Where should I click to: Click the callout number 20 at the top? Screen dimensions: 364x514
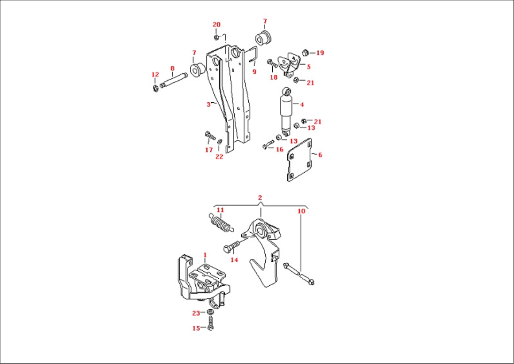(216, 24)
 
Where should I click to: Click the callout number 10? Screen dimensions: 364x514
(301, 211)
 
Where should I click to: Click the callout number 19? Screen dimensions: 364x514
(320, 53)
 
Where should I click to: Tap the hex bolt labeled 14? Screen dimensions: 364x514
(231, 248)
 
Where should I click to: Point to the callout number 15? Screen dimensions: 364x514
(196, 328)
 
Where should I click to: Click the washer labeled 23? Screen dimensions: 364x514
(210, 312)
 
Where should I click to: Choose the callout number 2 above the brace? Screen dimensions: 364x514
(260, 198)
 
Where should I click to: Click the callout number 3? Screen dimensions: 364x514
(209, 105)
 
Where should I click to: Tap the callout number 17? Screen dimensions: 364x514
(209, 149)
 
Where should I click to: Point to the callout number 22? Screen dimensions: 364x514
(219, 157)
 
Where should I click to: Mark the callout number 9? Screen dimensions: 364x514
(254, 72)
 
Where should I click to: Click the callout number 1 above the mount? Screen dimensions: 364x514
(205, 254)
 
